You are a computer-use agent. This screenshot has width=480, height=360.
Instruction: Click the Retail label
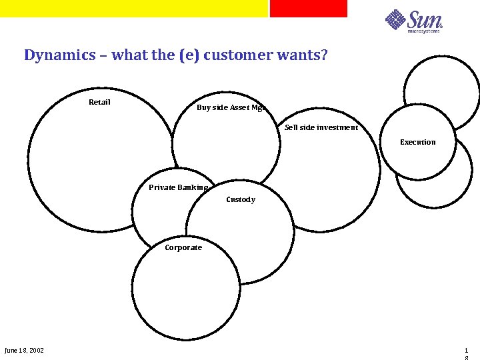99,102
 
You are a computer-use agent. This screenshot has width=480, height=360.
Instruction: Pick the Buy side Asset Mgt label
231,107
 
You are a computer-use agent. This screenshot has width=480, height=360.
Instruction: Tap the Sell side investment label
321,127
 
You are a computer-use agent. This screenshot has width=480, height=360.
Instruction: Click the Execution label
417,142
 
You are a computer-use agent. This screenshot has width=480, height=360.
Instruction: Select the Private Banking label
178,187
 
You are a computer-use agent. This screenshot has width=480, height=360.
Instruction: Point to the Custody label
240,199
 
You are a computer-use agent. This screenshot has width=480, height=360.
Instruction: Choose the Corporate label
183,247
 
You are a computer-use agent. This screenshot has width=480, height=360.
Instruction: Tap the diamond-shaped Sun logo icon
395,19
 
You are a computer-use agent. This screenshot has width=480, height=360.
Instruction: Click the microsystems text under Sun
424,31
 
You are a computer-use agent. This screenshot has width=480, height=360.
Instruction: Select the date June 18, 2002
24,351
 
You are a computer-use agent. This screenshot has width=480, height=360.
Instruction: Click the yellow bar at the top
133,8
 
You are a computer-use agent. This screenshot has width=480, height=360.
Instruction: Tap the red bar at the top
308,8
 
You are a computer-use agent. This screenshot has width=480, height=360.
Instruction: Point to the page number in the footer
466,351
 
